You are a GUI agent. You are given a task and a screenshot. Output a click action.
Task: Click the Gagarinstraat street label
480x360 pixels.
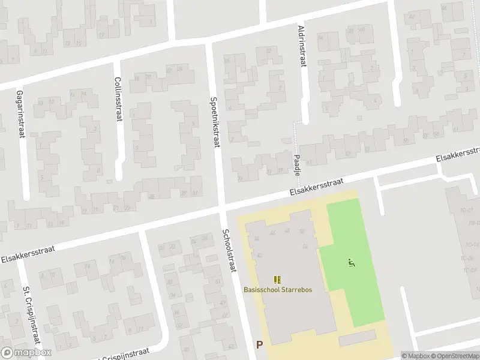20,115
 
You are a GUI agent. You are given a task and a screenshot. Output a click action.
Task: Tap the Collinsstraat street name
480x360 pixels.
118,100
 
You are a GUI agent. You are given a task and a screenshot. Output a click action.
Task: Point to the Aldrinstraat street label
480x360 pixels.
302,46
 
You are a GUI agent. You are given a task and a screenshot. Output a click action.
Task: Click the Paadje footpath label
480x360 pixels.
298,163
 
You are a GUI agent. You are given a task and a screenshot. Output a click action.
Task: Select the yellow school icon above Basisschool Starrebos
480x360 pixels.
277,279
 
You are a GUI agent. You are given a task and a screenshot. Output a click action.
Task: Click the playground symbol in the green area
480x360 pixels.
351,262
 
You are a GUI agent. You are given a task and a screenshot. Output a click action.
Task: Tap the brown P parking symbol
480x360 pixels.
259,344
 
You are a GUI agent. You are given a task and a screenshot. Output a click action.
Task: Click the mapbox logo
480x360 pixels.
26,353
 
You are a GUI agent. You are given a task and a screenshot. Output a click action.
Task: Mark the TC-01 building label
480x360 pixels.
468,210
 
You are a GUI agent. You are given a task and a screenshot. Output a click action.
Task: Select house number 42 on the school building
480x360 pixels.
259,255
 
